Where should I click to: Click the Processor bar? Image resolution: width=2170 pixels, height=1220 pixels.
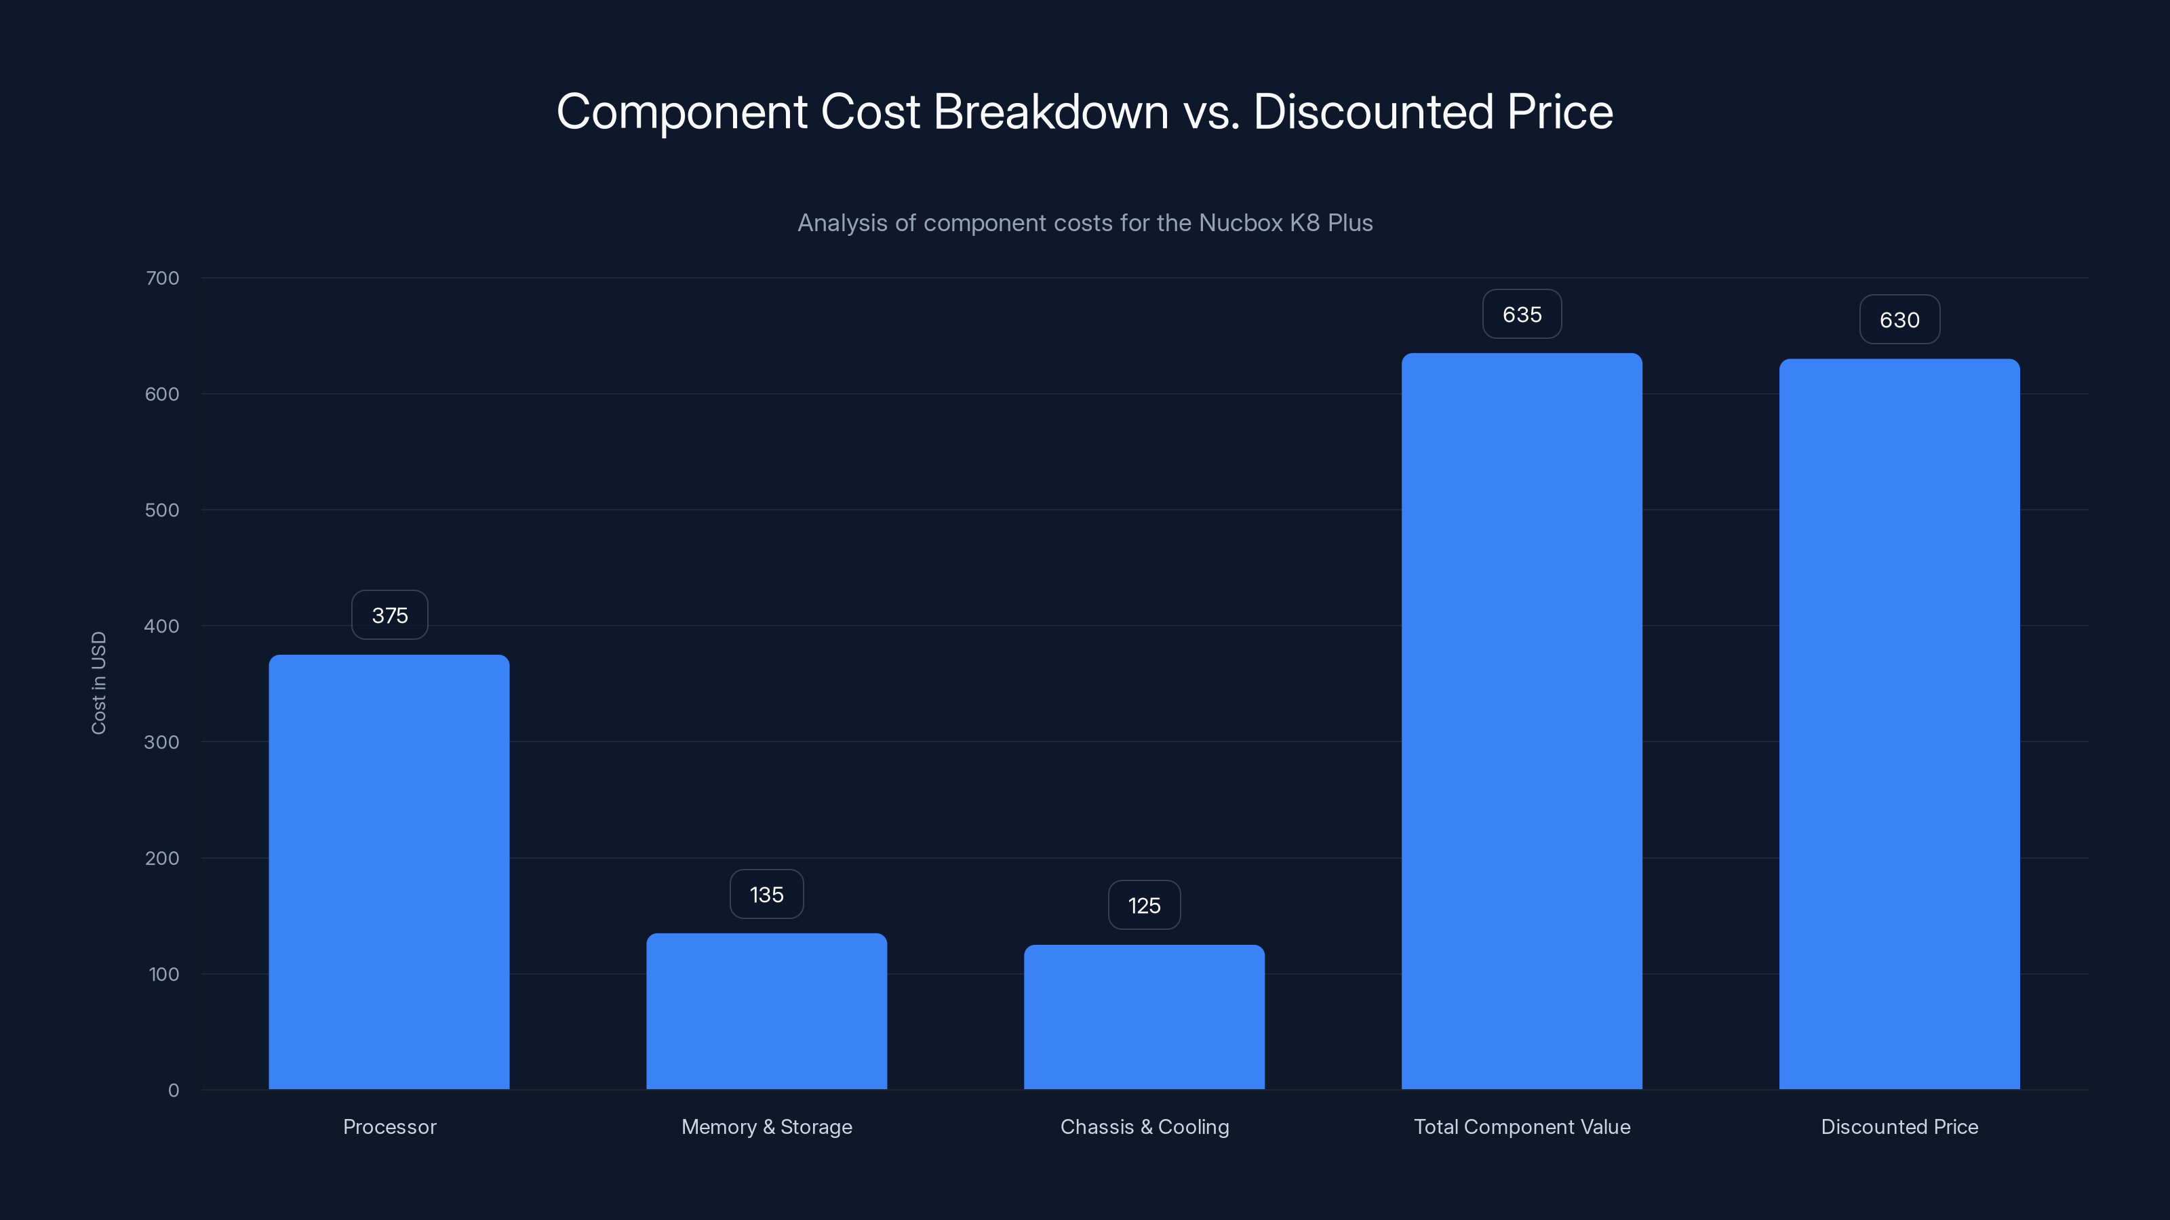tap(389, 872)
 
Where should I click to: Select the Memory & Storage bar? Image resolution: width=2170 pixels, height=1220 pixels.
tap(766, 1011)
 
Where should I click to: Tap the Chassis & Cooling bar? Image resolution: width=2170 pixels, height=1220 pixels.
tap(1144, 1017)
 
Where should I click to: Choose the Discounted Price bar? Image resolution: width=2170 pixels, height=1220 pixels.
tap(1899, 724)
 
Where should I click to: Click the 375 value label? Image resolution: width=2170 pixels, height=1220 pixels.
tap(389, 615)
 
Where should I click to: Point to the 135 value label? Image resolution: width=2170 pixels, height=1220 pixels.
tap(766, 894)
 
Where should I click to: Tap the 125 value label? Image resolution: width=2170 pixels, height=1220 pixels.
tap(1144, 905)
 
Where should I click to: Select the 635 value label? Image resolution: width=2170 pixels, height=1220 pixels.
tap(1521, 314)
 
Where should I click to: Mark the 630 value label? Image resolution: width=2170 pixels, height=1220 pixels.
tap(1899, 320)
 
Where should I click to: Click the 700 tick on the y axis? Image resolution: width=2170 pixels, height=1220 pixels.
tap(162, 278)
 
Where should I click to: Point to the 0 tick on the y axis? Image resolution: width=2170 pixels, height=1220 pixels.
tap(174, 1091)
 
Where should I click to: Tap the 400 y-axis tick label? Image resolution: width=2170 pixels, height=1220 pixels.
tap(162, 626)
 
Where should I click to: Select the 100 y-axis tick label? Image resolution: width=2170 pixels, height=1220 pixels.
tap(163, 974)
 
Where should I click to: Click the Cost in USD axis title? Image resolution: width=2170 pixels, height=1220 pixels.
tap(98, 683)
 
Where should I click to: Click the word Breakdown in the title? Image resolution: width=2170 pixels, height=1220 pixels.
tap(1050, 111)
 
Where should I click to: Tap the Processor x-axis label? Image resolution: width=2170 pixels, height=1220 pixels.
tap(389, 1126)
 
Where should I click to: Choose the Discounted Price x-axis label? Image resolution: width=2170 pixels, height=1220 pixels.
tap(1899, 1126)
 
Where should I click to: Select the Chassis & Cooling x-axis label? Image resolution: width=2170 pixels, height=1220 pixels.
tap(1144, 1126)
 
